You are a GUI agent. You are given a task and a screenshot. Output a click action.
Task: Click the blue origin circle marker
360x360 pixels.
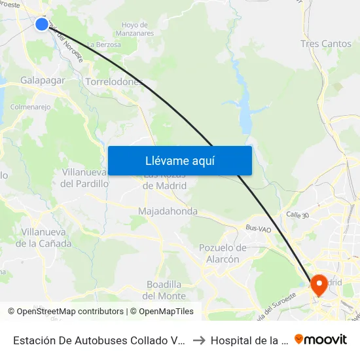[x=41, y=24]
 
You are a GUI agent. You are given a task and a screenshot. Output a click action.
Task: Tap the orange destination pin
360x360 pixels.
[x=319, y=284]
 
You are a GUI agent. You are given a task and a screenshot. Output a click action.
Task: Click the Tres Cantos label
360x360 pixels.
[x=325, y=44]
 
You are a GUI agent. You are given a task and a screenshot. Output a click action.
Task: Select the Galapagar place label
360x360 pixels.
[x=43, y=80]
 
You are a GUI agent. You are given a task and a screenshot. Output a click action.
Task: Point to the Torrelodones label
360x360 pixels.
[x=114, y=82]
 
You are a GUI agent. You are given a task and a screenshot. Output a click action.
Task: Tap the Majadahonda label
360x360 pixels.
[x=168, y=211]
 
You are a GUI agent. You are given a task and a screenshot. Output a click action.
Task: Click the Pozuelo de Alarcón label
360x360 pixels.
[x=223, y=253]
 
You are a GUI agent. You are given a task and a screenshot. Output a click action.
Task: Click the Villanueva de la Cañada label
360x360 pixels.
[x=46, y=238]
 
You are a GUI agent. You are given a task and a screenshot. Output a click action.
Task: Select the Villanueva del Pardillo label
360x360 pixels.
[x=84, y=178]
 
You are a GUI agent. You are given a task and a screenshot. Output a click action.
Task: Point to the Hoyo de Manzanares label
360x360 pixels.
[x=137, y=28]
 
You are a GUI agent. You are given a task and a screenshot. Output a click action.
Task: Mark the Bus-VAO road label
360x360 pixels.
[x=258, y=228]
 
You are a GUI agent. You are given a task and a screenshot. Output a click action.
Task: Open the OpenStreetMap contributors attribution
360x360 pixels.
[x=69, y=312]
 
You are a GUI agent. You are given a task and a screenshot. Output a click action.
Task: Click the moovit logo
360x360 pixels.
[x=321, y=339]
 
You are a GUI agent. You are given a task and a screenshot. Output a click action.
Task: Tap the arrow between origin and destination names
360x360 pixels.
[x=200, y=340]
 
